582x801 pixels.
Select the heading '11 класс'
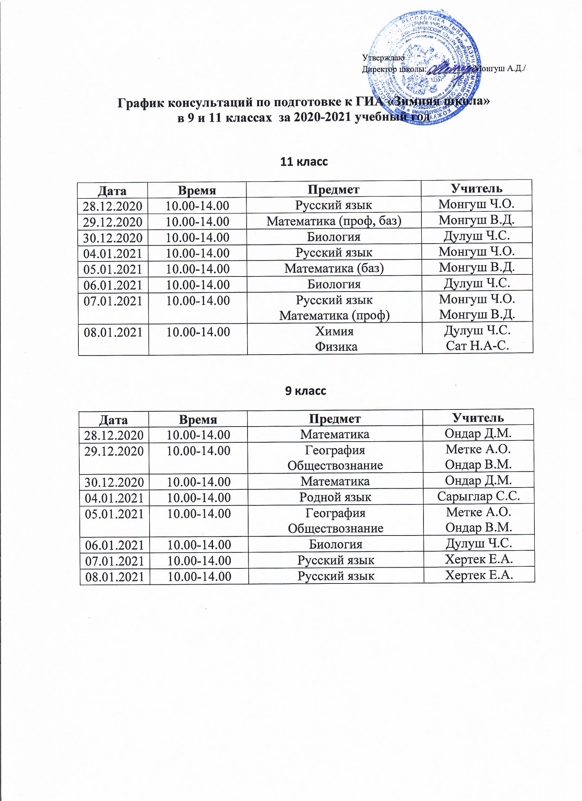(x=304, y=162)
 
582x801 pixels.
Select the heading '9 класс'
(x=305, y=391)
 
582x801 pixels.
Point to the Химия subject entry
(x=334, y=331)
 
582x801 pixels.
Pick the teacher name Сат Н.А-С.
(x=477, y=346)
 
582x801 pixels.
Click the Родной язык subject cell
(x=335, y=497)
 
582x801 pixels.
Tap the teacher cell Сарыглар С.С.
(x=478, y=496)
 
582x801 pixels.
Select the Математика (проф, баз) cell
(x=334, y=221)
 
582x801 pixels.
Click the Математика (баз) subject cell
(x=334, y=268)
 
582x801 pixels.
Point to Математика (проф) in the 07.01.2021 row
(x=334, y=316)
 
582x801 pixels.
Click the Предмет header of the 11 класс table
(x=333, y=190)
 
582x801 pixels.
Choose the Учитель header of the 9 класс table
(x=478, y=418)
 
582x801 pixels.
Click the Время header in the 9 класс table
(x=198, y=419)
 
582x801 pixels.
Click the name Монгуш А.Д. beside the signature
(x=500, y=69)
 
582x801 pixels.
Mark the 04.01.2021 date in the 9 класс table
(x=114, y=498)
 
